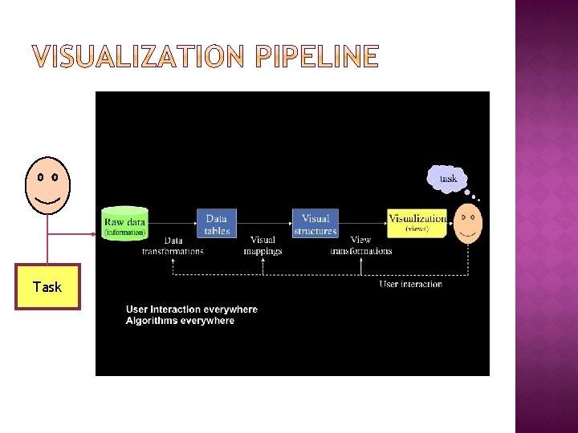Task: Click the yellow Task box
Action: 47,286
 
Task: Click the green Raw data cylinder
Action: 125,223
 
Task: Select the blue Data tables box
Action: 217,224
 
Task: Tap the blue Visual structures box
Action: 315,224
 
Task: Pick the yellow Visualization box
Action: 417,223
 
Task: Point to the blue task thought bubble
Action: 447,178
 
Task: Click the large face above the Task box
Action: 47,185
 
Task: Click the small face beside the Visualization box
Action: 470,223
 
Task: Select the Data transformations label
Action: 173,245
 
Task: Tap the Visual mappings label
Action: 263,245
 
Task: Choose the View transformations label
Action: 361,245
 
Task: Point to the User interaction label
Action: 411,284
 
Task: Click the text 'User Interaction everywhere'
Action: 192,310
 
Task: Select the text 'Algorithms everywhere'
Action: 181,321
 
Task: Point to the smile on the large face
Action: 47,199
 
